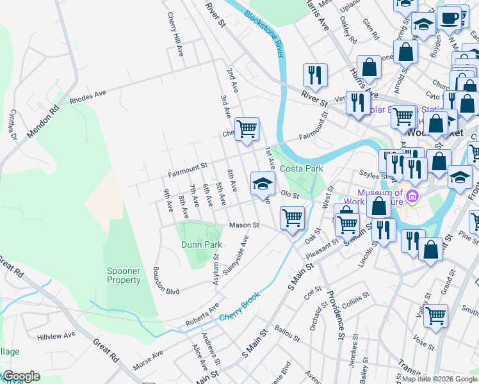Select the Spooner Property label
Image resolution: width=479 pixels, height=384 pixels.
tap(124, 275)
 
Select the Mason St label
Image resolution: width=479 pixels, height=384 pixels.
tap(244, 225)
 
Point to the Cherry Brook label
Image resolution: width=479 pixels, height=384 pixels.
tap(241, 309)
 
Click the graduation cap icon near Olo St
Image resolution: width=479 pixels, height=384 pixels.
tap(263, 184)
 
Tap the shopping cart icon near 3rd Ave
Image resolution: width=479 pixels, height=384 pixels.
tap(247, 129)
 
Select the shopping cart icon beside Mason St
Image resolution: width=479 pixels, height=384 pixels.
tap(293, 218)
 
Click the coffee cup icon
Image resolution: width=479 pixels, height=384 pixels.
tap(449, 18)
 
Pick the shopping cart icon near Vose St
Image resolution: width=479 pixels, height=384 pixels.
tap(435, 316)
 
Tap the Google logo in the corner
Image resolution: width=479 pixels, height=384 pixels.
tap(22, 376)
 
